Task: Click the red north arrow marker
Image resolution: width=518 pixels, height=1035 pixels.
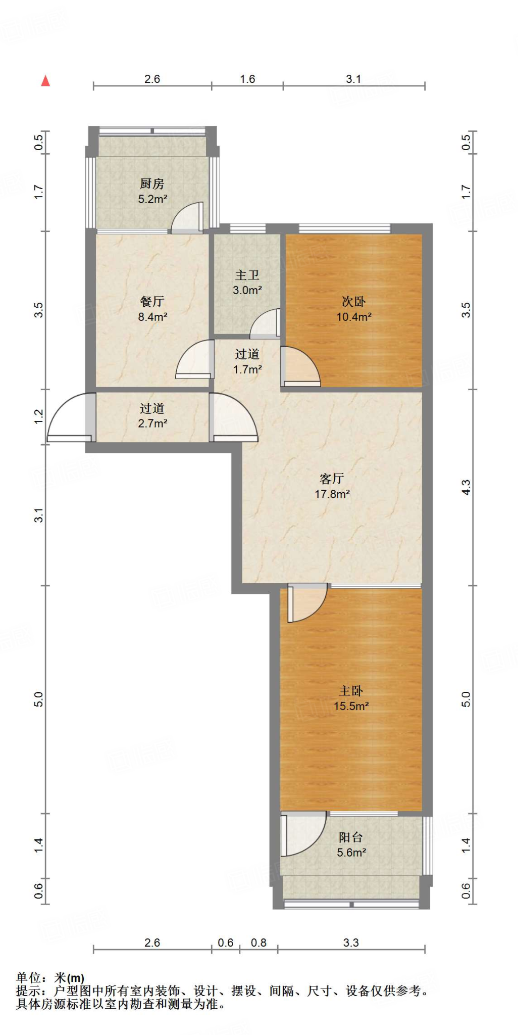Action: (x=45, y=81)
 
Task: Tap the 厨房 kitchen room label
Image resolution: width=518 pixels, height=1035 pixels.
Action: (x=152, y=184)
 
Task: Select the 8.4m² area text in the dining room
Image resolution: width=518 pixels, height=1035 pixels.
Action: (x=153, y=317)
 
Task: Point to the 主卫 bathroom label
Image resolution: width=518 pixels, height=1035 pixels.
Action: (x=247, y=275)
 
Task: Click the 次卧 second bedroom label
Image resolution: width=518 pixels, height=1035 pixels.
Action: (x=353, y=302)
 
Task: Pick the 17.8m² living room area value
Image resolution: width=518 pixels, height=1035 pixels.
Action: (x=332, y=494)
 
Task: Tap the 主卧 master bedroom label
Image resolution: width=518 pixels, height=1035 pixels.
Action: (x=351, y=691)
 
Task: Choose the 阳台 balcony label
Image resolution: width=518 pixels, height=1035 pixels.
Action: (x=351, y=837)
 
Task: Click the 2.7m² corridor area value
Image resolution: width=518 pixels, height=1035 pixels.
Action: (x=153, y=423)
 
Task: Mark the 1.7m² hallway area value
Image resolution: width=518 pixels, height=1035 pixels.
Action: (x=247, y=369)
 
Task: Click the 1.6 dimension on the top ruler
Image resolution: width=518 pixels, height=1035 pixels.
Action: (x=247, y=79)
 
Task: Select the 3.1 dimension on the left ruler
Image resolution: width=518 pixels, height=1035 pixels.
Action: (x=39, y=515)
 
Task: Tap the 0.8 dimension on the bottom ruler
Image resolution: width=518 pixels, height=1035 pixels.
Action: (x=258, y=943)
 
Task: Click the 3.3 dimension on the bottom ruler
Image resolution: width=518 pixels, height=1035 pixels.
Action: (x=351, y=943)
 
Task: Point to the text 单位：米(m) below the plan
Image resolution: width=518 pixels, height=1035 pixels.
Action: (x=50, y=978)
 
